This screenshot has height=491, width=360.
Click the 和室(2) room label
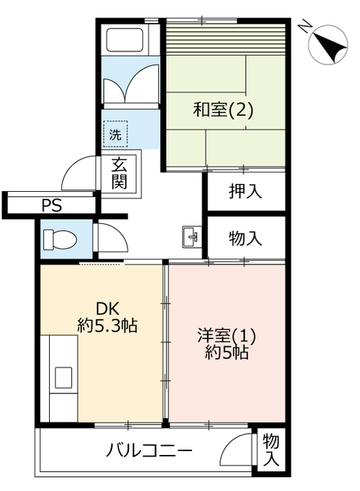[223, 110]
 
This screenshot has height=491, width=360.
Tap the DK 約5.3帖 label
[107, 317]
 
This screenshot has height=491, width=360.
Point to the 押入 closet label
[245, 191]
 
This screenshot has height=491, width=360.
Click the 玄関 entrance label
[120, 173]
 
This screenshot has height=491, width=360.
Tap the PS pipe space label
[52, 206]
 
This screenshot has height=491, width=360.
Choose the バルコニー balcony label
[148, 451]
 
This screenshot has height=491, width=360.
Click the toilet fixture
[60, 239]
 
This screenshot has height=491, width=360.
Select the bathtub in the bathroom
[125, 40]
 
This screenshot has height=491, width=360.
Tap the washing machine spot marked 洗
[115, 134]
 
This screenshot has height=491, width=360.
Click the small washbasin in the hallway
[190, 237]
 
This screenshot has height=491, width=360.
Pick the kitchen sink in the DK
[64, 377]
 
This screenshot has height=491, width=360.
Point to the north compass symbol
[328, 45]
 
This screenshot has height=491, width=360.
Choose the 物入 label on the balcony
[271, 450]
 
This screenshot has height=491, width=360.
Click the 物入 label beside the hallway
[245, 239]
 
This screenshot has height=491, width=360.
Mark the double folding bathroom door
[131, 82]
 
